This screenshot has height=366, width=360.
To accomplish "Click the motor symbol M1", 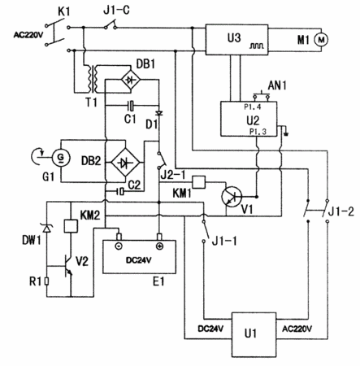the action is coord(321,40).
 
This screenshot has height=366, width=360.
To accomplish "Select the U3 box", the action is coord(236,40).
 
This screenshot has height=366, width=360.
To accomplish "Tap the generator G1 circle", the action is coord(61,158).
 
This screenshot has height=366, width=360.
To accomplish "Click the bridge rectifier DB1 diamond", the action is coord(131,80).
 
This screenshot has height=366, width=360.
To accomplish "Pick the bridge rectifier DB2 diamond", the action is coord(125,162).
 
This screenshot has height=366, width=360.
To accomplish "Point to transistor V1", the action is coord(232,197).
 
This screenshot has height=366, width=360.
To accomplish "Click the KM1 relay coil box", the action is coord(199,182).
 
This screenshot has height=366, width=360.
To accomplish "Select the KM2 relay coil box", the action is coord(71,226).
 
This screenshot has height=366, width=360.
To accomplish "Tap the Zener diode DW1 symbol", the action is coord(47,229).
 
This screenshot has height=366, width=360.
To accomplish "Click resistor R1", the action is coord(47,281).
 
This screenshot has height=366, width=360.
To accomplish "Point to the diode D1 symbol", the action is coord(159,113).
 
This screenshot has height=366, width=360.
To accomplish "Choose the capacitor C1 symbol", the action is coord(131,105).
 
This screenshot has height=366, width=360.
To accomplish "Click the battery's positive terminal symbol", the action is coord(159,246).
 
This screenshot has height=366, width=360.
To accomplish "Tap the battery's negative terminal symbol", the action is coord(119,246).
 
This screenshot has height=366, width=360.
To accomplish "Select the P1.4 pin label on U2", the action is coord(253,107).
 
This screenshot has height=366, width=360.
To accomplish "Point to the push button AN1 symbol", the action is coord(261,95).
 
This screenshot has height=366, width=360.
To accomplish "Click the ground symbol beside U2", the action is coord(286,133).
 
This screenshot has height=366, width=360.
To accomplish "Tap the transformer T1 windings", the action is coord(92,79).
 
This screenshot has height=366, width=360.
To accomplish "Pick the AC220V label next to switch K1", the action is coord(28,35).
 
